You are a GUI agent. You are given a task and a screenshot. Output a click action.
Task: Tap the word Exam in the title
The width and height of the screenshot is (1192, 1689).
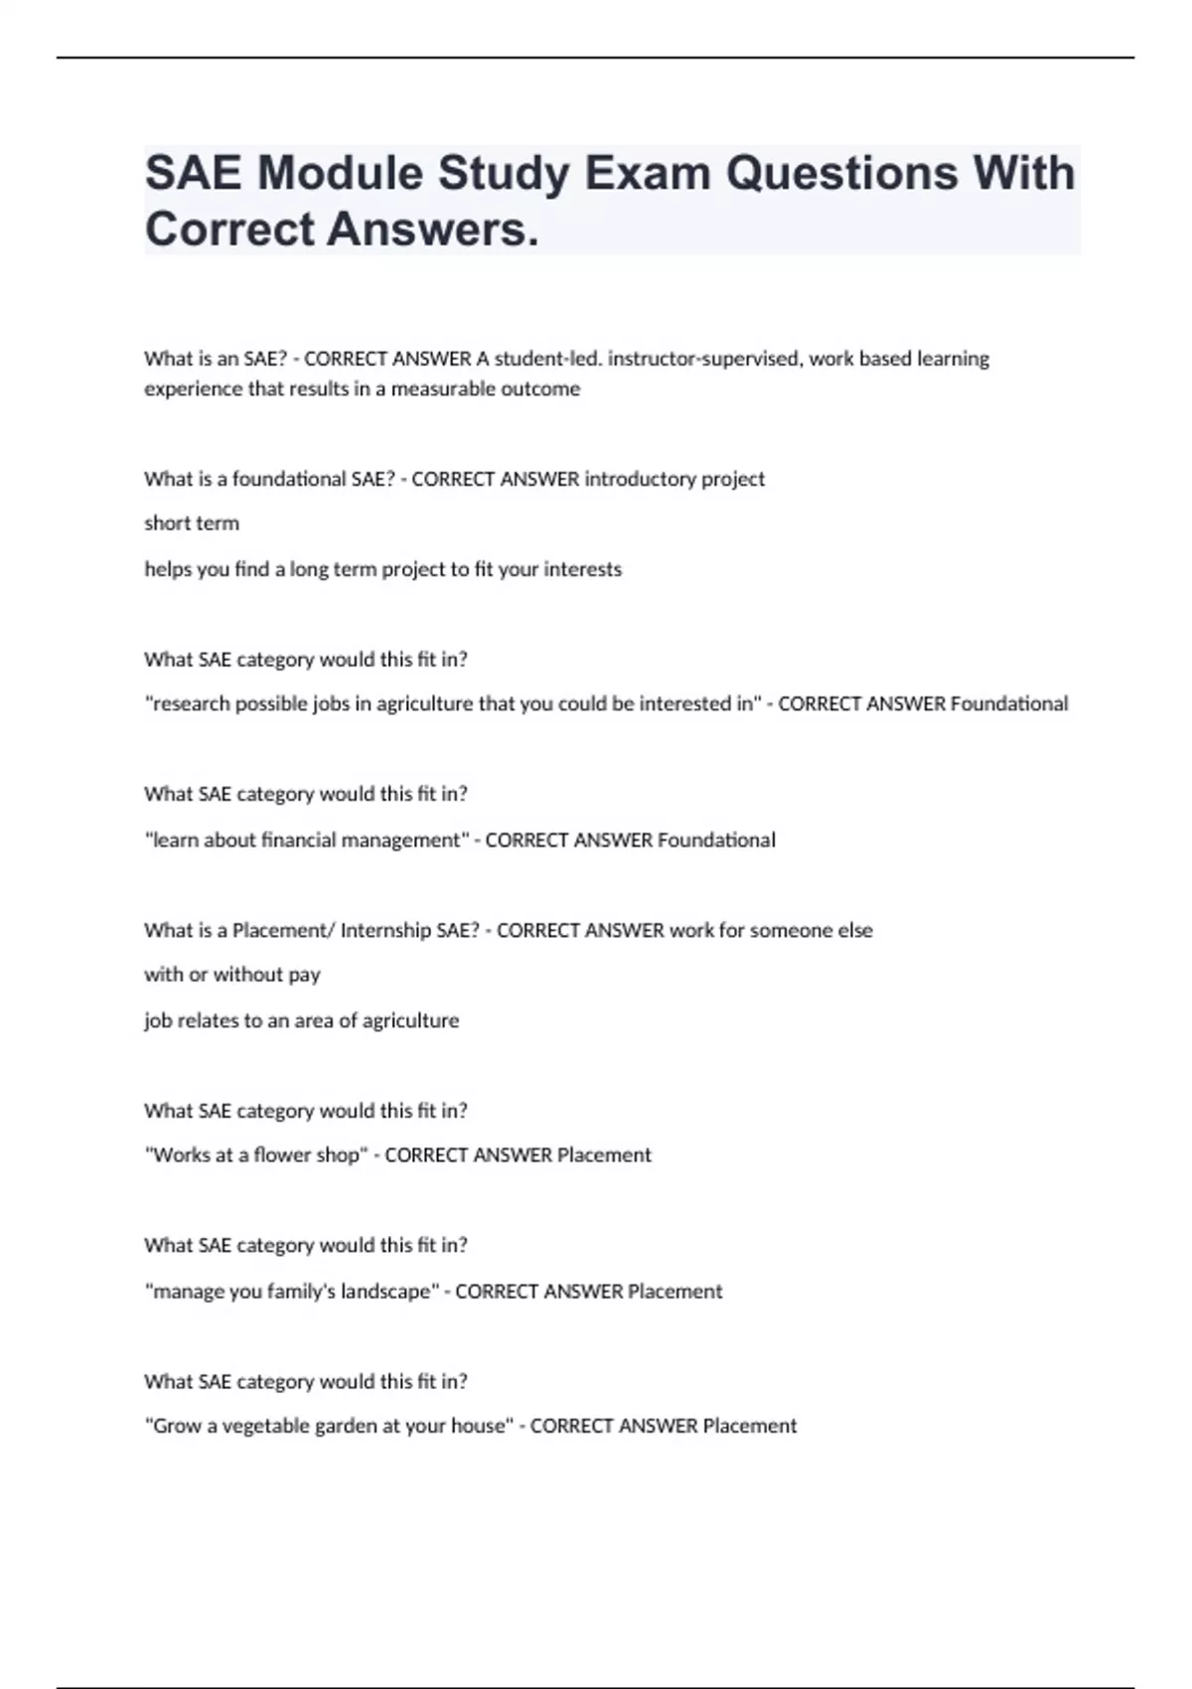coord(647,173)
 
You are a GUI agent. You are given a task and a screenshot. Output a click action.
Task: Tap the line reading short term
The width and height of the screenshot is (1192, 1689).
coord(192,524)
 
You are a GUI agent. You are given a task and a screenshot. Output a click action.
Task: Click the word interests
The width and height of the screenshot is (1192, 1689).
coord(583,569)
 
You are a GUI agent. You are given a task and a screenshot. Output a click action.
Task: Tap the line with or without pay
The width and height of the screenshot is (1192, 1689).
coord(232,975)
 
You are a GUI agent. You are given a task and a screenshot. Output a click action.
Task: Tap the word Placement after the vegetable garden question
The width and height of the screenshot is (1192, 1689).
coord(750,1426)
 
